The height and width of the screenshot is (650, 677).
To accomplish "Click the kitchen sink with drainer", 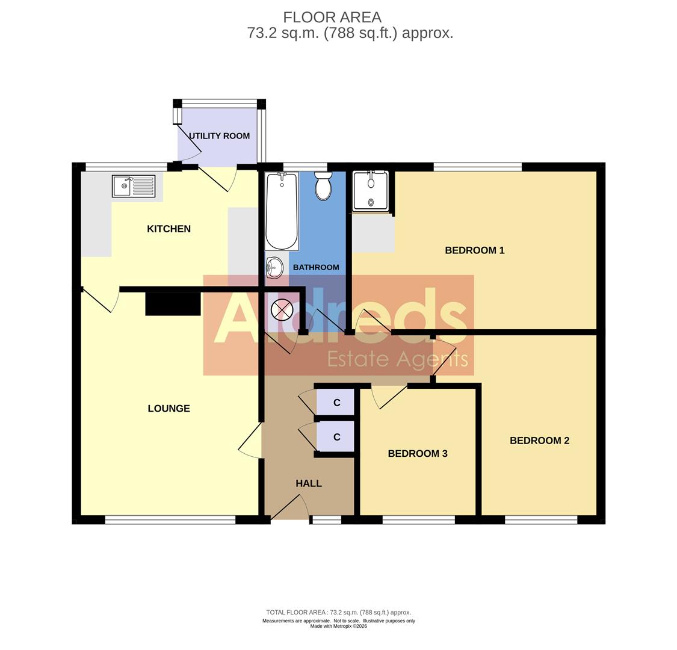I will [x=134, y=186].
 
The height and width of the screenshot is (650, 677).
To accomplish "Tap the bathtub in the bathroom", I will [x=282, y=211].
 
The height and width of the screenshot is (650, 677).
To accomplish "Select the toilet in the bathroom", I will [x=323, y=186].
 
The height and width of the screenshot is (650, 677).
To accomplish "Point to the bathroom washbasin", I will [x=274, y=267].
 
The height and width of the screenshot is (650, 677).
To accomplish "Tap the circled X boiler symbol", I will [x=282, y=311].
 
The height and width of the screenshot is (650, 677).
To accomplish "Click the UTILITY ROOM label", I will [x=219, y=136].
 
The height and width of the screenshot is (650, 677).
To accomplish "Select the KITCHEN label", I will [x=168, y=229].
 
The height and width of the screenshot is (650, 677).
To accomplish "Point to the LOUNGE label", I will [x=168, y=409].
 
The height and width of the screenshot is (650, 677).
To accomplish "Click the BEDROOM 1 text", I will [x=474, y=250].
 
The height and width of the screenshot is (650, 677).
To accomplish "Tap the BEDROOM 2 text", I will [x=539, y=441].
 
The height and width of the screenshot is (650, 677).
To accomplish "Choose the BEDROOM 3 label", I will [x=417, y=454].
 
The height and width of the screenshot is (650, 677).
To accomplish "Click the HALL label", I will [x=308, y=483].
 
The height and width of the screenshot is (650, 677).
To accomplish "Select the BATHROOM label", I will [x=316, y=267].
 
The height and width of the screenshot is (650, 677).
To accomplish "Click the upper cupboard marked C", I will [x=336, y=403].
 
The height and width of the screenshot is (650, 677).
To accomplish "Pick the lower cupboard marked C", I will [x=336, y=437].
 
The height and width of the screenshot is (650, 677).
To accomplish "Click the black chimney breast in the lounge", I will [x=173, y=304].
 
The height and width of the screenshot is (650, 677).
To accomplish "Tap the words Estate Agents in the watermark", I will [x=397, y=359].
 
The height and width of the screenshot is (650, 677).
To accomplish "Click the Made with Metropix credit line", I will [x=338, y=626].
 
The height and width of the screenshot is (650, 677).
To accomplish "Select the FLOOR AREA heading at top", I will [x=332, y=17].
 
